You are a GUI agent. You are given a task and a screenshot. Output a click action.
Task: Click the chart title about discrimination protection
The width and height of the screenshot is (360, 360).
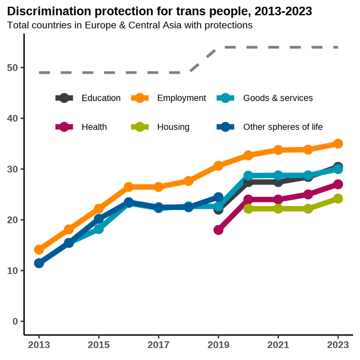(x=159, y=12)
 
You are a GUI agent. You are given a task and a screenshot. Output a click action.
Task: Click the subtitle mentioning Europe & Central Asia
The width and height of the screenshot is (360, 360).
(x=130, y=25)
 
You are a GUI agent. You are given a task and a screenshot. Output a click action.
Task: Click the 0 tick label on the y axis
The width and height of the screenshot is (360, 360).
(x=15, y=321)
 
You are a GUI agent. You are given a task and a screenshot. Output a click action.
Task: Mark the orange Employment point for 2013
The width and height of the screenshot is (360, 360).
(x=39, y=250)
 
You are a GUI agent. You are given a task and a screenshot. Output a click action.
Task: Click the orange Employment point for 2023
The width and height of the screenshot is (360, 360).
(x=338, y=143)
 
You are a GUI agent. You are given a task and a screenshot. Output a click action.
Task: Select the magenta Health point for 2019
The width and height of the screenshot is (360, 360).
(x=218, y=230)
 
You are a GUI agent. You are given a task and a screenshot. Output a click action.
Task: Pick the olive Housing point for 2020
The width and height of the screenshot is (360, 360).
(x=248, y=209)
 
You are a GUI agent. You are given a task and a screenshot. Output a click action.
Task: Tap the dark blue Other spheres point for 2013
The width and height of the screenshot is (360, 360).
(x=39, y=263)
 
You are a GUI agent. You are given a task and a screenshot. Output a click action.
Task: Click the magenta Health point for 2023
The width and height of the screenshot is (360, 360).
(x=338, y=184)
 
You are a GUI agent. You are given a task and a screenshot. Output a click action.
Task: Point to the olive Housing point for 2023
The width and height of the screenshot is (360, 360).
(x=338, y=199)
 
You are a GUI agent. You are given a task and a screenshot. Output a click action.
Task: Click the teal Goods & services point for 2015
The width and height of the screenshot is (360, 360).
(x=99, y=229)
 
